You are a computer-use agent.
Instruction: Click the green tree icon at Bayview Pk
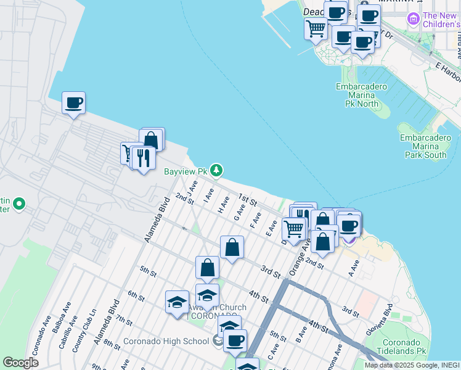(216, 170)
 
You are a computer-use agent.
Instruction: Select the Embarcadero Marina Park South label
(426, 146)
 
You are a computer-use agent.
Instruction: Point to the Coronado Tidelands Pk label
(404, 347)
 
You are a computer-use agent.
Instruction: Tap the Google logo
(21, 363)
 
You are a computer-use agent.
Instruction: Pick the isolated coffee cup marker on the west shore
(73, 103)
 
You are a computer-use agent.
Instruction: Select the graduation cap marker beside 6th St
(177, 302)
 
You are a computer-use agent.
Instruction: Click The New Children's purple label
(440, 20)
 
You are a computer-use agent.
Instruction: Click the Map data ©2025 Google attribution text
(404, 365)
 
